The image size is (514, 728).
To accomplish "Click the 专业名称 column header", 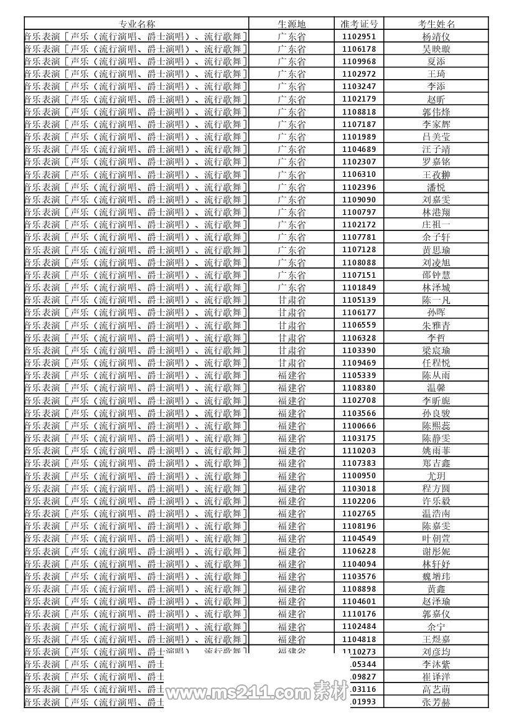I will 137,24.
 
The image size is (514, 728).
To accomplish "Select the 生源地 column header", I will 291,24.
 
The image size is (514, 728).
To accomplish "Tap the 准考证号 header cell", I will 359,24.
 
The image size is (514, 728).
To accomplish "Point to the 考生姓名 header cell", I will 436,24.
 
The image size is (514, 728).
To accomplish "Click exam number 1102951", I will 359,37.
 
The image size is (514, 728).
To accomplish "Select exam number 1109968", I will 359,62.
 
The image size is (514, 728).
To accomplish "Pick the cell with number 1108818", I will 359,112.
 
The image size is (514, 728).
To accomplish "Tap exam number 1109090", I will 359,200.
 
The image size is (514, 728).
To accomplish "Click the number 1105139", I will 359,300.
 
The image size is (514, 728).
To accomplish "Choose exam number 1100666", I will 359,426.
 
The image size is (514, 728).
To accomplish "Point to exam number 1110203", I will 359,451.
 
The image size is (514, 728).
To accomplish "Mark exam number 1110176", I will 359,614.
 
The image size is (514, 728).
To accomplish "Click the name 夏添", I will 436,62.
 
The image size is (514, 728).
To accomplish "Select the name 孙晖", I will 436,313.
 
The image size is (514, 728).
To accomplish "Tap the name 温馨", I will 436,388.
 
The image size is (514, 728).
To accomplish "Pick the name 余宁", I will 436,626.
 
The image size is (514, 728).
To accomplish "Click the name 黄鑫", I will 436,589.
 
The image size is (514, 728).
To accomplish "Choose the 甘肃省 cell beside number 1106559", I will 291,325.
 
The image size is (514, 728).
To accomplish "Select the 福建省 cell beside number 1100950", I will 291,476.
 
